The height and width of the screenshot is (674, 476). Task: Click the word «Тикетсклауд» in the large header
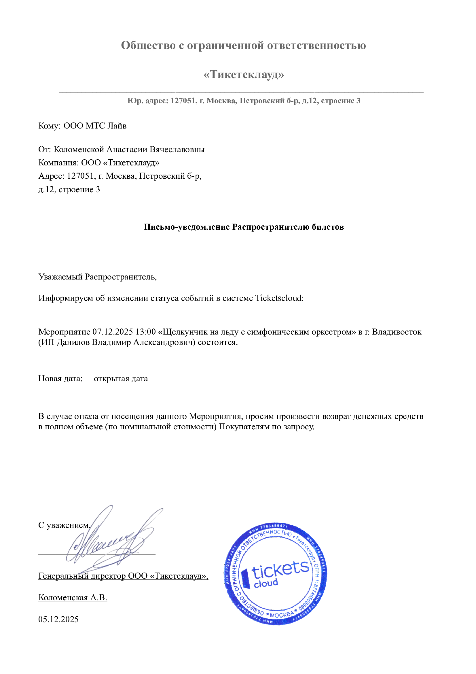pos(243,75)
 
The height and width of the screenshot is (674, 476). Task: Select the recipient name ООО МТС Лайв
pos(95,126)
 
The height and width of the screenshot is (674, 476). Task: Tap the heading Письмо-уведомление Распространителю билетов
pos(243,227)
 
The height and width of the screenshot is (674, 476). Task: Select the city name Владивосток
pos(397,332)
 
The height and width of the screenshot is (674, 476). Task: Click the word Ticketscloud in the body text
pos(278,298)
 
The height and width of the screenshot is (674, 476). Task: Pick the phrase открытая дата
pos(121,379)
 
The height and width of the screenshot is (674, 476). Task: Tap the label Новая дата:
pos(60,379)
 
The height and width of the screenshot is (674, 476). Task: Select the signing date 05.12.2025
pos(58,620)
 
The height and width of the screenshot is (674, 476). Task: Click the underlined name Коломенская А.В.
pos(73,598)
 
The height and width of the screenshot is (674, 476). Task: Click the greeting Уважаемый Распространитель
pos(97,277)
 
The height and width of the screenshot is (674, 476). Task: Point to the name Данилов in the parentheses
pos(73,342)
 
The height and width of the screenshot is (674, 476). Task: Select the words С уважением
pos(64,525)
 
